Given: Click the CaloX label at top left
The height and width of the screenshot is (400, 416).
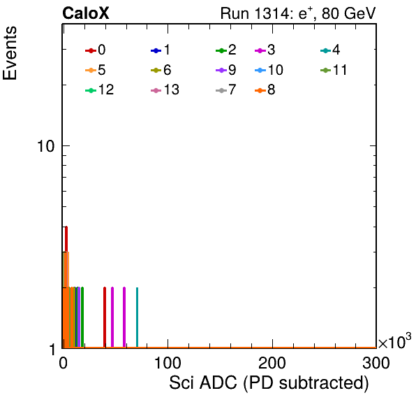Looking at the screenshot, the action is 86,13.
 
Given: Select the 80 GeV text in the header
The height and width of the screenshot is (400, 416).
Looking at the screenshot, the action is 349,13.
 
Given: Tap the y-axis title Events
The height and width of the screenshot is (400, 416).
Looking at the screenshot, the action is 10,53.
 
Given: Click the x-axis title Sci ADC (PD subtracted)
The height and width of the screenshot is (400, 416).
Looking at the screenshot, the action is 269,383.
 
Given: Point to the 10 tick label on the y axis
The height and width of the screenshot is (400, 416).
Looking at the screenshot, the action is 45,146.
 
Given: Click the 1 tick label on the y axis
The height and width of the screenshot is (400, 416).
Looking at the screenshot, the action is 52,350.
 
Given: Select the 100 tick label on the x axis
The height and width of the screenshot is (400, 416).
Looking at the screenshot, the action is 168,363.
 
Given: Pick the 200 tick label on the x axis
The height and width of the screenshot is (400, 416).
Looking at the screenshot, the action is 272,363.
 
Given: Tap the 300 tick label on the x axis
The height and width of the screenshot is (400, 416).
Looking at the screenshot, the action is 376,363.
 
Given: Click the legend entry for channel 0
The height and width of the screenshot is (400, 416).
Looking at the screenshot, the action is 96,50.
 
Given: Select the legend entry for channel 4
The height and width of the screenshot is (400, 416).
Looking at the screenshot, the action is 330,50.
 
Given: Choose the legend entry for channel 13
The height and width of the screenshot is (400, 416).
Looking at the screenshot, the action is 165,90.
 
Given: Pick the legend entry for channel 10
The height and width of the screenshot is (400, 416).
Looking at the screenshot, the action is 269,70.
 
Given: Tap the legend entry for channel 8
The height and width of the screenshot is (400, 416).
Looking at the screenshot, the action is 265,90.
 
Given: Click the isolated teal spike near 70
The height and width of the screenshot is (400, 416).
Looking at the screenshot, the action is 138,317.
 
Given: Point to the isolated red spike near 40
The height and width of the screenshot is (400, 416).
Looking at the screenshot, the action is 105,317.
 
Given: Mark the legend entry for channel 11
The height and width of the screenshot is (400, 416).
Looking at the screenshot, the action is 334,70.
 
